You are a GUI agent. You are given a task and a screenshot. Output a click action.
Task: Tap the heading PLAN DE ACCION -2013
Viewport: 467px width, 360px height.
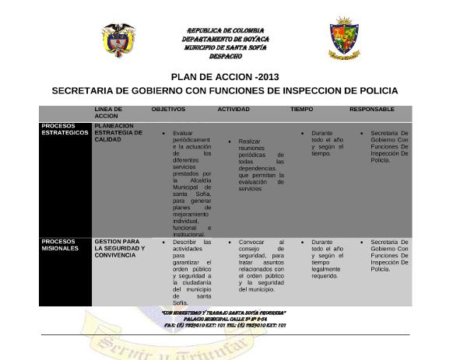pyautogui.click(x=224, y=77)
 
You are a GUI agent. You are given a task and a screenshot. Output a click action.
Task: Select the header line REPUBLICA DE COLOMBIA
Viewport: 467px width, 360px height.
pyautogui.click(x=226, y=30)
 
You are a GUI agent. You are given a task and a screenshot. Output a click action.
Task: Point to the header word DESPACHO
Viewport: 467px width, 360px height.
pyautogui.click(x=225, y=56)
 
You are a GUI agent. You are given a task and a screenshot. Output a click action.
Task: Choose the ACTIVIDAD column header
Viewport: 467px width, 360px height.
pyautogui.click(x=233, y=110)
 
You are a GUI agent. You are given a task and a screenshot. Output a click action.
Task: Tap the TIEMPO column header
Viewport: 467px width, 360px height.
pyautogui.click(x=302, y=110)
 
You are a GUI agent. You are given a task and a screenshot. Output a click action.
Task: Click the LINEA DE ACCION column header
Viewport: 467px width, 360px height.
pyautogui.click(x=108, y=113)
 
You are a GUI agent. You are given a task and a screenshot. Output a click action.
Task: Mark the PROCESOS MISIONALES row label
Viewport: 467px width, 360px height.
pyautogui.click(x=61, y=245)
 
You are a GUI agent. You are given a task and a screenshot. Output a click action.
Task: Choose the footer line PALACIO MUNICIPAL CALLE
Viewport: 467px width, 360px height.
pyautogui.click(x=225, y=319)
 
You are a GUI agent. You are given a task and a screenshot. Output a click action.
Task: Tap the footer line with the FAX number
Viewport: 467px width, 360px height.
pyautogui.click(x=225, y=325)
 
